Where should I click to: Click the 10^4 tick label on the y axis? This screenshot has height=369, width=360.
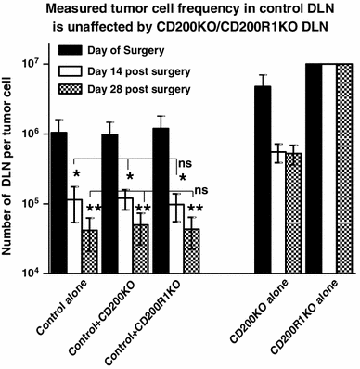pos(31,273)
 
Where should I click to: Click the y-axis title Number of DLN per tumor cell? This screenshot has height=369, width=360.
pos(10,167)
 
